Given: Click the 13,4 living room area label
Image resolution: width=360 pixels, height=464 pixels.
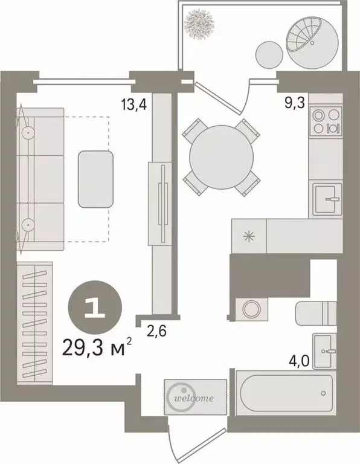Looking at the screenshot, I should [x=134, y=103].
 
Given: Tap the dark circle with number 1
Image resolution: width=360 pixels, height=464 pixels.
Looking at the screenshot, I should [x=95, y=309].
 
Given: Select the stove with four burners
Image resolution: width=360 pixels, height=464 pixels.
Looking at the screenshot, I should [x=326, y=120].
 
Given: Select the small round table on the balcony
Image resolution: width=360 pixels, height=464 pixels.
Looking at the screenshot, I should [x=268, y=55].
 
